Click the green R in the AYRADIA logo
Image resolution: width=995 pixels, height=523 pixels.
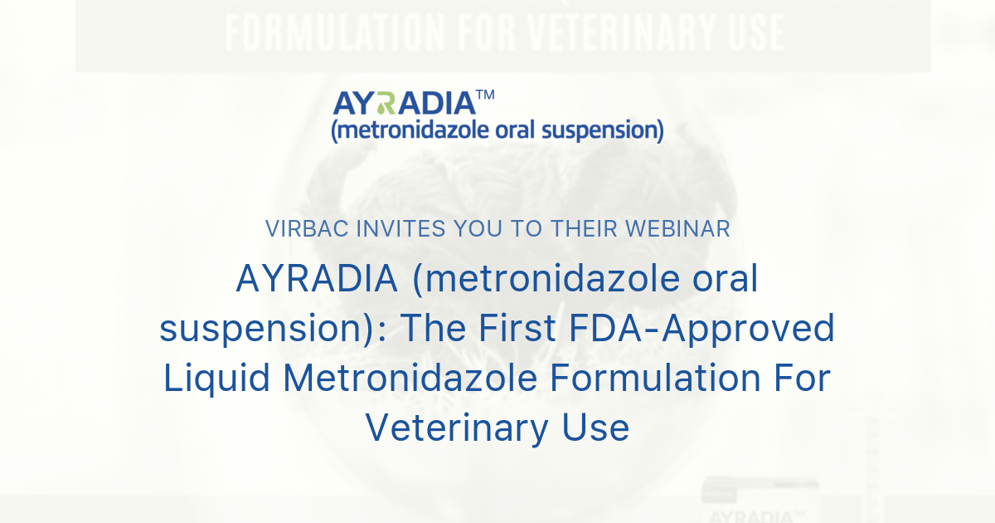(383, 104)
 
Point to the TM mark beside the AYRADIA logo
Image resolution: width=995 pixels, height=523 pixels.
(486, 95)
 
